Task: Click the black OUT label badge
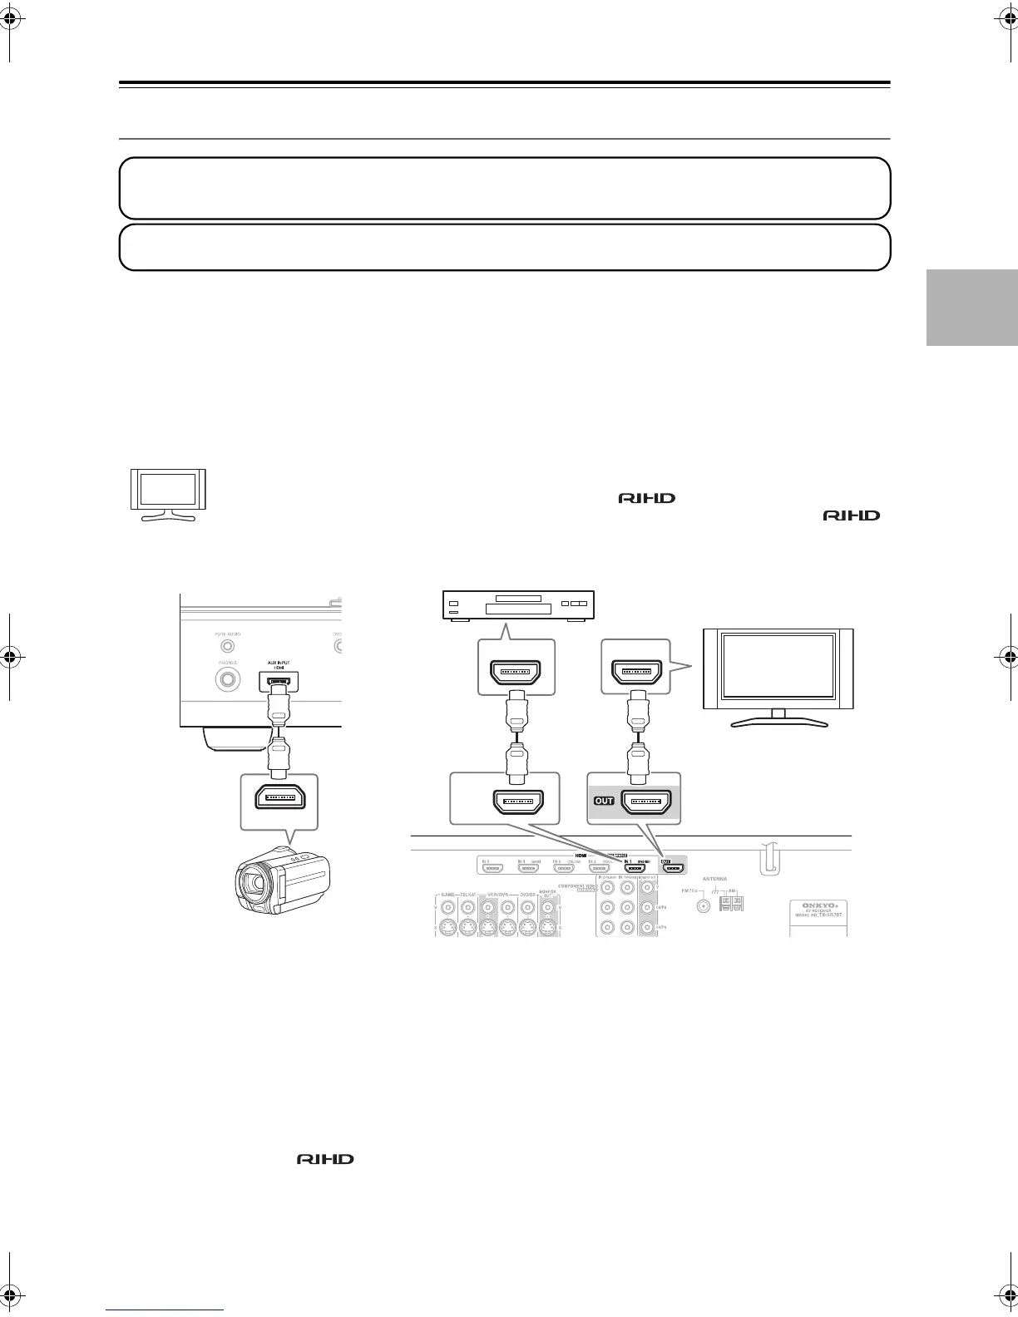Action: (603, 802)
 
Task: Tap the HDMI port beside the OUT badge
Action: (646, 802)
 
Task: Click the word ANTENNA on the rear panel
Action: (714, 879)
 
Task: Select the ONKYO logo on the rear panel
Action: (818, 905)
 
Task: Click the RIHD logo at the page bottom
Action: (325, 1159)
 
